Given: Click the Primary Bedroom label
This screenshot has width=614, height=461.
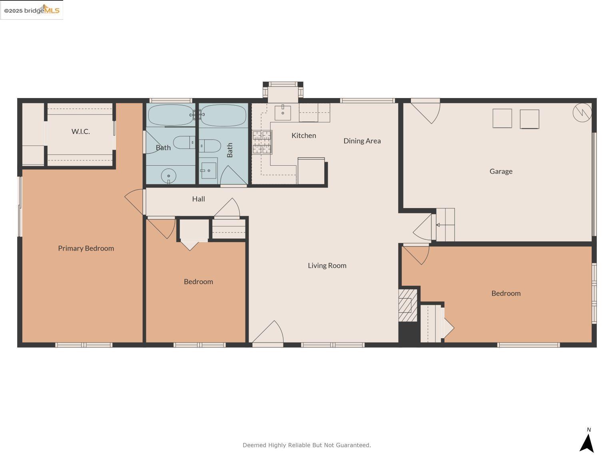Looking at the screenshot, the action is [86, 248].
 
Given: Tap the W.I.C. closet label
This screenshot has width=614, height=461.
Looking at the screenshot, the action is [81, 131].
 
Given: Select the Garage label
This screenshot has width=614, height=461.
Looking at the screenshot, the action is [501, 171].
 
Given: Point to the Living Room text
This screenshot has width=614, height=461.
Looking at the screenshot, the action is [327, 265].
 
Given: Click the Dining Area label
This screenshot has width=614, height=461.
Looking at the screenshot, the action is [362, 141].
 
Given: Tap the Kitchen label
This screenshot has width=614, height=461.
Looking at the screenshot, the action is [303, 136].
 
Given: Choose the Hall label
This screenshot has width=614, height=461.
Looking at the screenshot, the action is [198, 199].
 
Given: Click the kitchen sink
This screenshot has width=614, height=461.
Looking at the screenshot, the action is [283, 112].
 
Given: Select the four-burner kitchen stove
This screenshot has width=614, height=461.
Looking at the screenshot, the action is [262, 142].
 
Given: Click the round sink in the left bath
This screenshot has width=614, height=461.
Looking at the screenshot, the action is [169, 176].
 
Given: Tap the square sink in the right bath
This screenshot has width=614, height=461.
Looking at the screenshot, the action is [208, 170].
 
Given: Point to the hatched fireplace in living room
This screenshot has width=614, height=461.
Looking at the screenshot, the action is [408, 305].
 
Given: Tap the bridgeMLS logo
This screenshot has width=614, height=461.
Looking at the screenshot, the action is [32, 10].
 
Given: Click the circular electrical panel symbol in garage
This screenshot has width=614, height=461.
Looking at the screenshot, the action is [582, 112].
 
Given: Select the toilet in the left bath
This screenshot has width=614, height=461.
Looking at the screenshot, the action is [184, 142].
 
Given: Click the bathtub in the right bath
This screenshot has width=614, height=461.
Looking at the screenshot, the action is [223, 115].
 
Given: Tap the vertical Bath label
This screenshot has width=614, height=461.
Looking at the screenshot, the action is [230, 150].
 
